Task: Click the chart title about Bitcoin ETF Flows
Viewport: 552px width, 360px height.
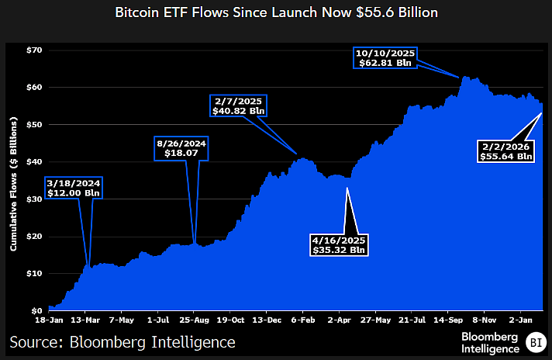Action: pos(275,13)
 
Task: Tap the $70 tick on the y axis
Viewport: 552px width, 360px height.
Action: pos(33,50)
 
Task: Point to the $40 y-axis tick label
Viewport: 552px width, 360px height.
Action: pos(33,162)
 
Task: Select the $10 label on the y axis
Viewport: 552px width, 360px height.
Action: pos(33,274)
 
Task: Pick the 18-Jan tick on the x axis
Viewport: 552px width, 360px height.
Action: pos(49,319)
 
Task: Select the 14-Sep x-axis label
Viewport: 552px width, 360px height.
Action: pos(450,319)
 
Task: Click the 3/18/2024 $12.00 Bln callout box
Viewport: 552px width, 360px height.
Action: pos(73,188)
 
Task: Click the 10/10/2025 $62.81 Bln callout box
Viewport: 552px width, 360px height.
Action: pos(386,58)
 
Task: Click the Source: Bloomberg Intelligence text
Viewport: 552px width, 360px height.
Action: pos(122,341)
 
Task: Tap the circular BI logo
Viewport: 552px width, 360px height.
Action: pos(535,341)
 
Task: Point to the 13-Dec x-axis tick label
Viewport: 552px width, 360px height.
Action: pos(267,319)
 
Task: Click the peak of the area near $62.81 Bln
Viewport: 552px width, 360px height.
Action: pos(464,76)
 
